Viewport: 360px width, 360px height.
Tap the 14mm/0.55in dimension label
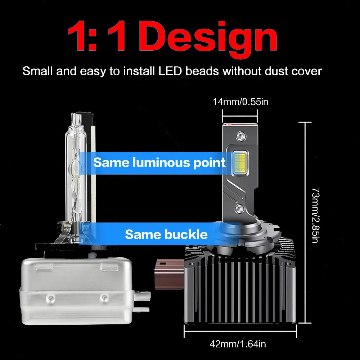click(240, 102)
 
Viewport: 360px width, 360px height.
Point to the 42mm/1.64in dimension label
click(238, 344)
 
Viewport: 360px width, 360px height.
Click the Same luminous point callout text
click(159, 162)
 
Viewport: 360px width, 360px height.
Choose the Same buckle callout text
click(166, 235)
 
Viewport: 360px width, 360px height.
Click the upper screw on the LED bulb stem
click(240, 136)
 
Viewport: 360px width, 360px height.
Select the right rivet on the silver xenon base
click(104, 297)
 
